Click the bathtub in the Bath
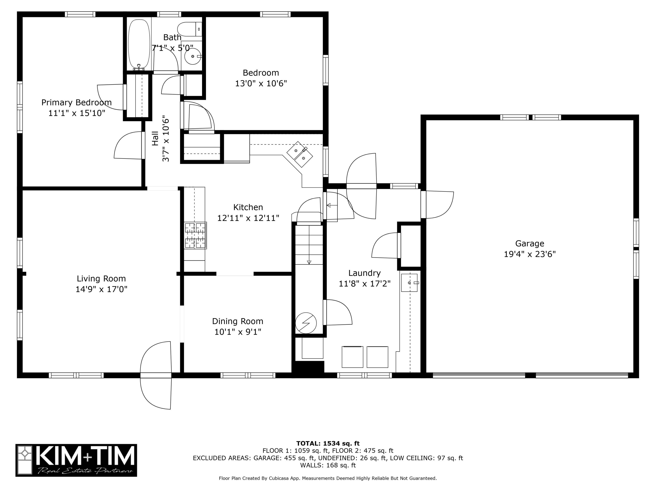139,44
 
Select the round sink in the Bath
193,56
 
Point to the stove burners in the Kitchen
195,236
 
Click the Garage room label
530,243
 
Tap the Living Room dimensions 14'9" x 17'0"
101,289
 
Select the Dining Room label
237,321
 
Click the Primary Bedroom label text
77,103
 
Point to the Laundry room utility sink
410,283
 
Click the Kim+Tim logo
76,460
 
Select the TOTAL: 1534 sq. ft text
328,443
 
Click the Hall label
155,138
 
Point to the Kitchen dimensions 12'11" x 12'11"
248,218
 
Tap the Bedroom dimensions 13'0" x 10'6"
261,84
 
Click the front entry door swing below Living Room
156,375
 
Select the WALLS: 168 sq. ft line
328,465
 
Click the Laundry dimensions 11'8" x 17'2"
365,284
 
